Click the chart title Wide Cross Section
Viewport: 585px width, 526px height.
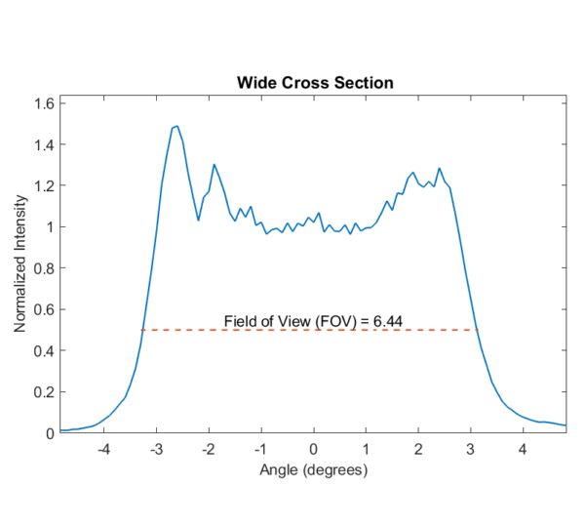(315, 82)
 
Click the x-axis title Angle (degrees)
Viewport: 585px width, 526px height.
(313, 470)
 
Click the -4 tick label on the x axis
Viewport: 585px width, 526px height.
(102, 450)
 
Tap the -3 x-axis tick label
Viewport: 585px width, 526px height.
(155, 450)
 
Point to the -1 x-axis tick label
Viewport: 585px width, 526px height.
(259, 450)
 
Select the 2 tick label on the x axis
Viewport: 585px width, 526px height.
(418, 450)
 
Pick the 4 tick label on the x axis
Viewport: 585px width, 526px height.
(523, 450)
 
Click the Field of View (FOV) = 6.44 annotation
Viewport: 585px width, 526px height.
(313, 319)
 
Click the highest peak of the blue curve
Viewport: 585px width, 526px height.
(176, 126)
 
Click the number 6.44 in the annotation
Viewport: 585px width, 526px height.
(387, 319)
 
